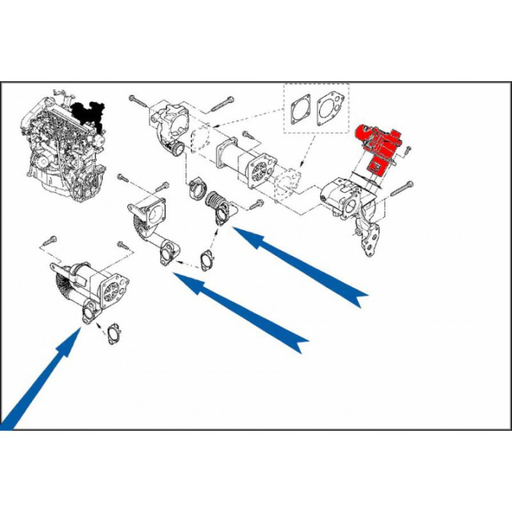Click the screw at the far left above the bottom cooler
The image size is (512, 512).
pyautogui.click(x=50, y=240)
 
